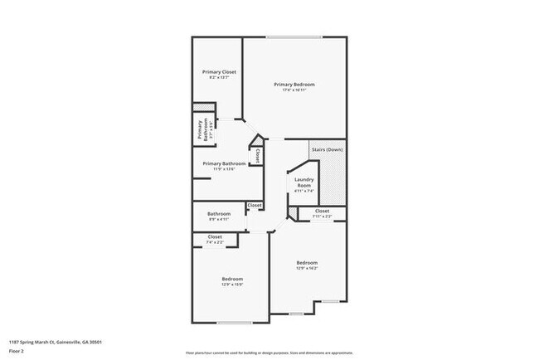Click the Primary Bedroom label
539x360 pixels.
click(294, 85)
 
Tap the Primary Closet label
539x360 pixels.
click(219, 72)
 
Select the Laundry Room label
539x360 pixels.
click(303, 182)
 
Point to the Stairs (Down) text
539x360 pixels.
click(327, 149)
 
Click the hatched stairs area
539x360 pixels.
click(335, 178)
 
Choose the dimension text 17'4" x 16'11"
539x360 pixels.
click(294, 90)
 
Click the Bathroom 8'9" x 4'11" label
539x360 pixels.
click(219, 214)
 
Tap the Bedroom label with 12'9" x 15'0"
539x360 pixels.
click(231, 279)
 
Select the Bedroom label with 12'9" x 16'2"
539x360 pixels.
click(307, 264)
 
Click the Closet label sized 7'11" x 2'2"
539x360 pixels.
click(322, 211)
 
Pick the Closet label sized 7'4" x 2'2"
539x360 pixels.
click(215, 237)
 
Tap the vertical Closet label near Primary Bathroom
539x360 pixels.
click(258, 154)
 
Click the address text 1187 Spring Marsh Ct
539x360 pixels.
click(56, 342)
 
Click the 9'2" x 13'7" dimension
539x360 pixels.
click(219, 79)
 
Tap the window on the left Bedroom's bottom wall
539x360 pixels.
click(231, 323)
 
